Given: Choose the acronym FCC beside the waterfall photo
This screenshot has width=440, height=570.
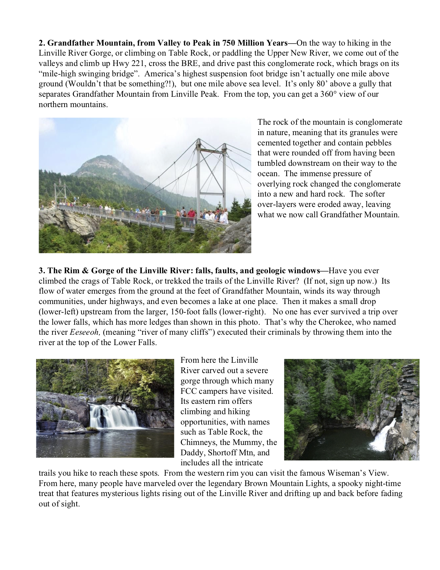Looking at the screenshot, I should click(x=189, y=391).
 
